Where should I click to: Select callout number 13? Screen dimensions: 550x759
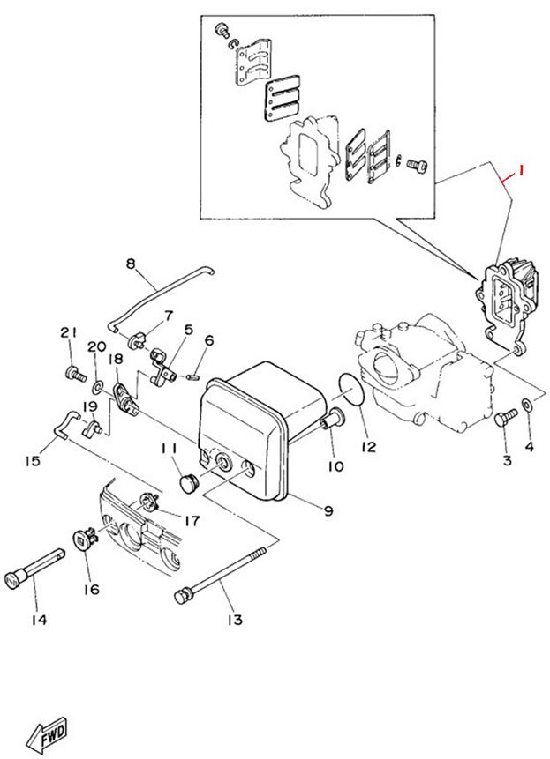point(235,620)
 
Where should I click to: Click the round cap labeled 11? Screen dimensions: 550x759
point(188,482)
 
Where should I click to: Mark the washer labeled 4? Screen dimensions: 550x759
point(527,404)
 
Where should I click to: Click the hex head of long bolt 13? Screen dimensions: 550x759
point(182,596)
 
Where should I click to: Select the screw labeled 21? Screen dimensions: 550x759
point(75,373)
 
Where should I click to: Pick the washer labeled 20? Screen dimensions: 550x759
point(96,387)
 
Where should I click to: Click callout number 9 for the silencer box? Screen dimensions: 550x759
point(329,510)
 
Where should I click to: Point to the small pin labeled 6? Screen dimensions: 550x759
point(191,376)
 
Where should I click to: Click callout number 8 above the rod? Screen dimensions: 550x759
point(131,264)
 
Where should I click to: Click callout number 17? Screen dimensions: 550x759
point(192,521)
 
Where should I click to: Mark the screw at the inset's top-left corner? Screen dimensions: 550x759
point(222,29)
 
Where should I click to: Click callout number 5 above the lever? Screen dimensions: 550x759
point(189,330)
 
